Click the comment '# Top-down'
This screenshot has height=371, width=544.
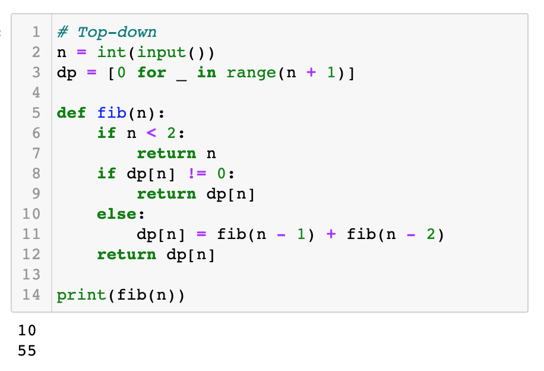coord(107,32)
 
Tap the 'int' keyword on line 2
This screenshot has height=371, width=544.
coord(112,52)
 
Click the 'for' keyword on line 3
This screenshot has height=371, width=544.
coord(151,73)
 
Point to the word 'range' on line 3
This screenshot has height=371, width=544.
coord(251,73)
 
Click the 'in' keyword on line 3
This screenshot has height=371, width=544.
coord(207,73)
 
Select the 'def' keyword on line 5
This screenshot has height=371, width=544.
coord(71,113)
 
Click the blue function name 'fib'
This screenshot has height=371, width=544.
coord(112,113)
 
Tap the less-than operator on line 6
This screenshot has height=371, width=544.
coord(151,133)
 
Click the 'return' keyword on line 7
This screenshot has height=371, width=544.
coord(166,153)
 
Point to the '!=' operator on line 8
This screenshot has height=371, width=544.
coord(197,174)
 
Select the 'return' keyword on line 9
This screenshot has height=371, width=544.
coord(166,194)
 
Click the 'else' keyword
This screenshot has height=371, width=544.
coord(116,213)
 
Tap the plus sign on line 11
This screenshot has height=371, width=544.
coord(331,234)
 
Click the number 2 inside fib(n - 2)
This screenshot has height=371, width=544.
coord(431,234)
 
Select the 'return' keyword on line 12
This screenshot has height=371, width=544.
coord(126,254)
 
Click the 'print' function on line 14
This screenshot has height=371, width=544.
coord(81,295)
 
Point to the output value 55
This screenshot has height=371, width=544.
coord(27,351)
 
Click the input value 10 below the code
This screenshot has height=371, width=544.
coord(27,331)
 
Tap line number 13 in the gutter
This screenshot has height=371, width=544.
coord(31,275)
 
